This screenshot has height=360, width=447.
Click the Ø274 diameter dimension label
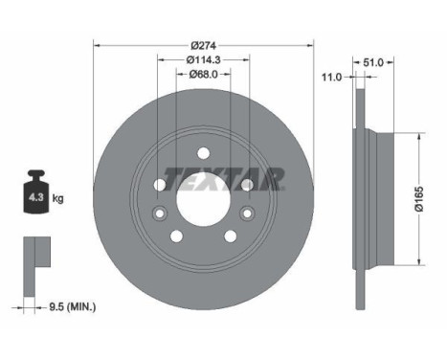(204, 46)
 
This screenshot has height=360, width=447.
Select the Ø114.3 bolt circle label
(204, 59)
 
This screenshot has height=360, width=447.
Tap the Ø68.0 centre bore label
(203, 75)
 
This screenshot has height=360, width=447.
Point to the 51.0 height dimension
(373, 62)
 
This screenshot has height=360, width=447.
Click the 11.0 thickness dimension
(331, 77)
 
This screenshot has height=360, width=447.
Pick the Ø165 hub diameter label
(419, 198)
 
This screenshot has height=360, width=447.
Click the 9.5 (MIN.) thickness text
(73, 307)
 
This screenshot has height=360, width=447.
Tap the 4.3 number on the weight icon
(35, 197)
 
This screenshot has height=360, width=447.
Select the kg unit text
(57, 199)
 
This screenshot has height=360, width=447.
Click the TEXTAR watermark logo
(224, 179)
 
